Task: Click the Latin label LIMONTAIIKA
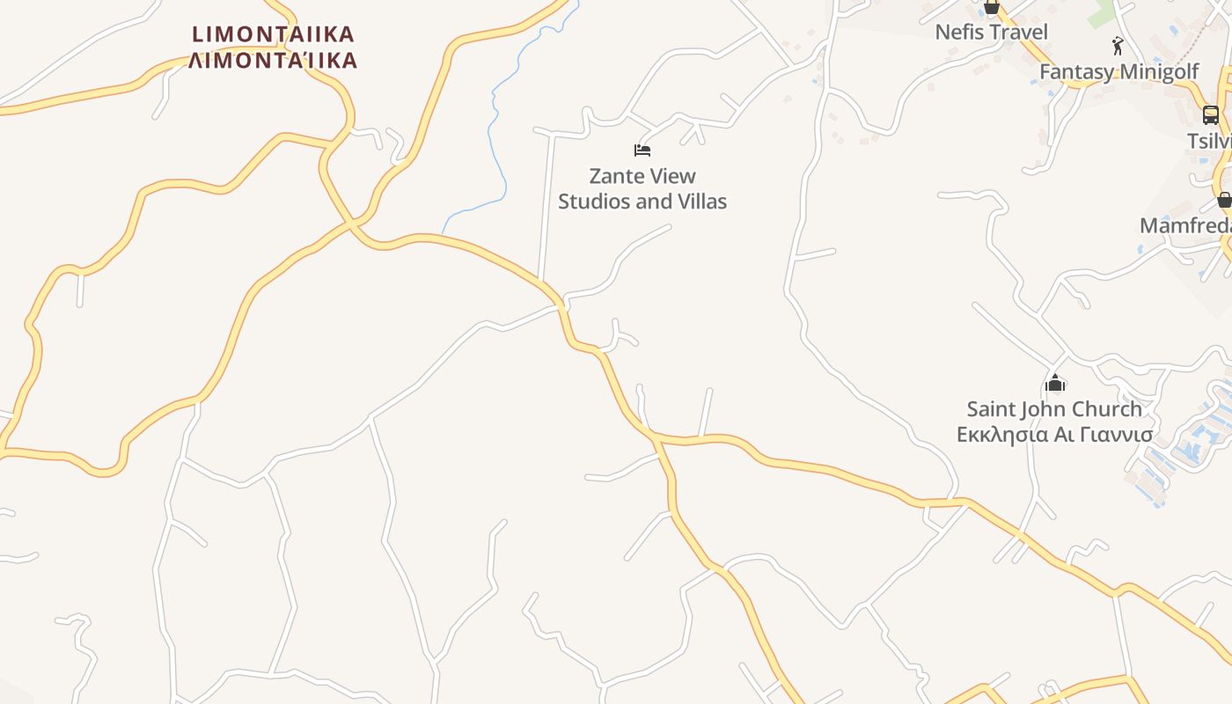coord(274,34)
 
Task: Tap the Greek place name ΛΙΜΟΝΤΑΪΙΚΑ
coord(274,60)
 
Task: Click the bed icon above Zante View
coord(642,150)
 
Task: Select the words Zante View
coord(642,176)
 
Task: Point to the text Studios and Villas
coord(642,202)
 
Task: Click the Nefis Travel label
coord(991,33)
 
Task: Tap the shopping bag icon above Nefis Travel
coord(992,9)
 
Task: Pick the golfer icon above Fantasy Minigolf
coord(1118,46)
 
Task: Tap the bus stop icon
coord(1211,114)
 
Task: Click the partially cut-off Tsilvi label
coord(1209,142)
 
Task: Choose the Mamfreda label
coord(1184,226)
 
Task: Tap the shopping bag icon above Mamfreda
coord(1223,200)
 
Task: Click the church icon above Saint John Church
coord(1055,383)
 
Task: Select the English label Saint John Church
coord(1054,409)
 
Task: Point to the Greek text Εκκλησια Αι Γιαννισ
coord(1054,435)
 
